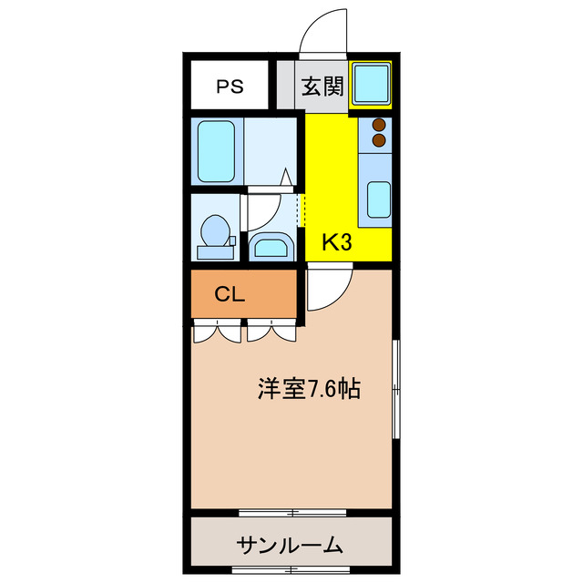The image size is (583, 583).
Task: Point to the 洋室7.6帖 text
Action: click(307, 390)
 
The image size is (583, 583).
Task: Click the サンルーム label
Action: click(291, 546)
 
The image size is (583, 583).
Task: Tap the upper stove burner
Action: click(379, 126)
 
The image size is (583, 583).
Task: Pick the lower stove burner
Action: click(379, 140)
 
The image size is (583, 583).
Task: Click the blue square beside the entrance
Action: click(372, 83)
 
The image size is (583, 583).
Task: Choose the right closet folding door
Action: click(271, 330)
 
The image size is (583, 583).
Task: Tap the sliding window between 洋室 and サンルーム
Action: click(291, 512)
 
